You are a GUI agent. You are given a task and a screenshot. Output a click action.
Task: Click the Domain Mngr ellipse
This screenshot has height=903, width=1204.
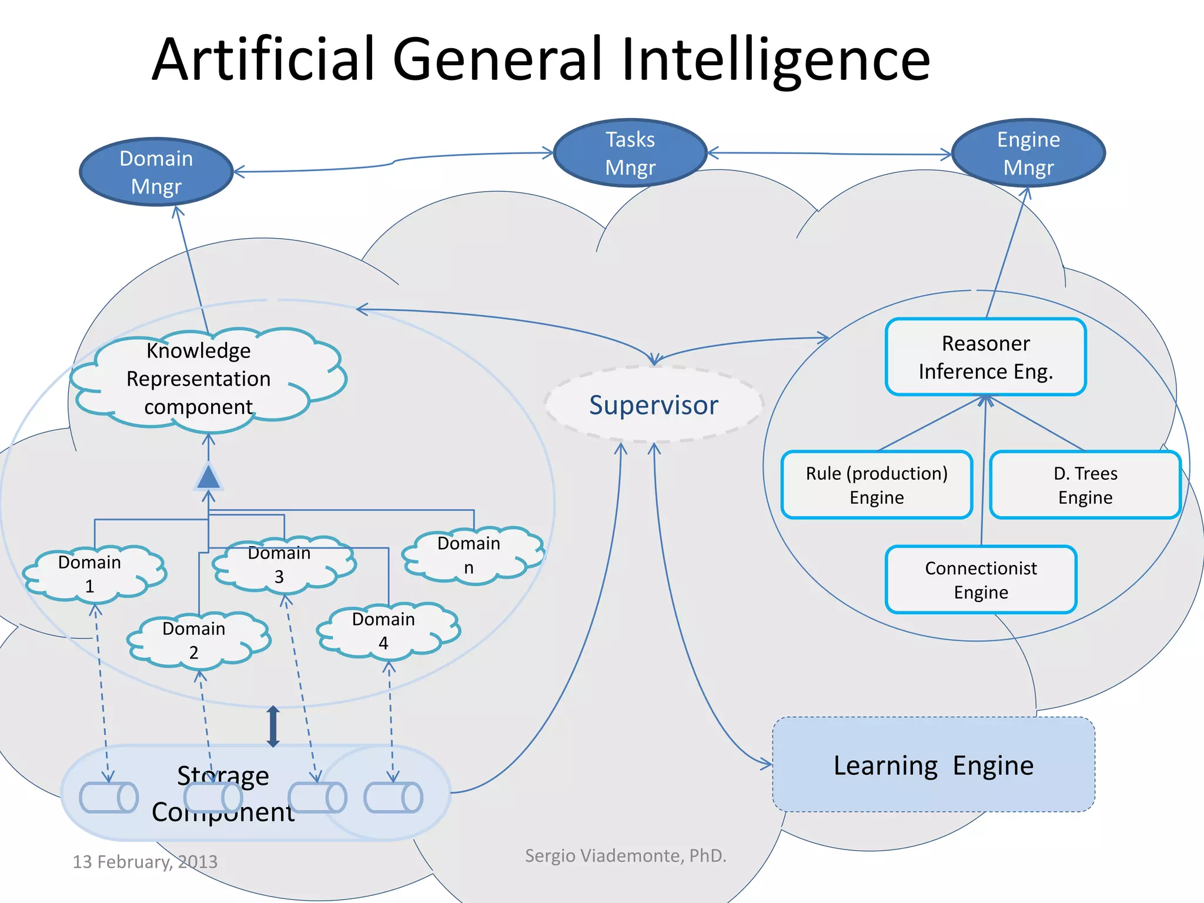tap(156, 172)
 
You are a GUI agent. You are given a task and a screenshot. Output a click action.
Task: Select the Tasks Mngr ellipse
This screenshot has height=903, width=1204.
tap(630, 153)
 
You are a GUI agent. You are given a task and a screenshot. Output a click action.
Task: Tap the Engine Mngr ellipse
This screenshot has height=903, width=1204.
tap(1028, 153)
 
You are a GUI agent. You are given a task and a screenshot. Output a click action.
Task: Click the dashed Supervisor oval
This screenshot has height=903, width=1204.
tap(654, 405)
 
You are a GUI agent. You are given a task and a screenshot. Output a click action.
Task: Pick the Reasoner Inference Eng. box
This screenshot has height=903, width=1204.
tap(985, 357)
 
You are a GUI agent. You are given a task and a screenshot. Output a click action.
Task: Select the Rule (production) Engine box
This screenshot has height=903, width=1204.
tap(876, 485)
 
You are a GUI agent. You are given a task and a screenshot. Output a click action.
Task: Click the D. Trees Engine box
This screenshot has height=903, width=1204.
tap(1085, 485)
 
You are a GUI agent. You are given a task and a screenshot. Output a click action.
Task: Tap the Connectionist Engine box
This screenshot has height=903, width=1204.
tap(981, 580)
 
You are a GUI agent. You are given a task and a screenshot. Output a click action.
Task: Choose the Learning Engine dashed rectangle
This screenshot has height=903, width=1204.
tap(933, 764)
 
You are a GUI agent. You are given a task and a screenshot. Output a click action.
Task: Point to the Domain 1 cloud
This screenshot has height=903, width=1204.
tap(89, 574)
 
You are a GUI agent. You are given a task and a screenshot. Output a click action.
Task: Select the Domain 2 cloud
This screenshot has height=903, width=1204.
tap(194, 640)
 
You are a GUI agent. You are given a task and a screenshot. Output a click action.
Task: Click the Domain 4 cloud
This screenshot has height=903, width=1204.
tap(383, 631)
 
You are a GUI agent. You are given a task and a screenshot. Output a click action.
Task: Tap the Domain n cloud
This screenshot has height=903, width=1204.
tap(469, 555)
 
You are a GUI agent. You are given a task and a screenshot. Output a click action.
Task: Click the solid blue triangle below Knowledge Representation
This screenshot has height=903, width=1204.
tap(208, 477)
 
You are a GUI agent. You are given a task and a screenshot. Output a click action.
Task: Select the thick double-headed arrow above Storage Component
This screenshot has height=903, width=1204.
tap(273, 727)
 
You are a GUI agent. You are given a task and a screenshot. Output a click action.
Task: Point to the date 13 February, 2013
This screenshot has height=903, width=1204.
tap(145, 861)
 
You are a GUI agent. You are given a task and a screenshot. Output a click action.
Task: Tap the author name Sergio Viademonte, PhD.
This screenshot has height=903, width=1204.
tap(625, 855)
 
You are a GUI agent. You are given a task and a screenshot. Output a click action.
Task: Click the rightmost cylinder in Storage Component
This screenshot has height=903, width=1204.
tap(393, 798)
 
